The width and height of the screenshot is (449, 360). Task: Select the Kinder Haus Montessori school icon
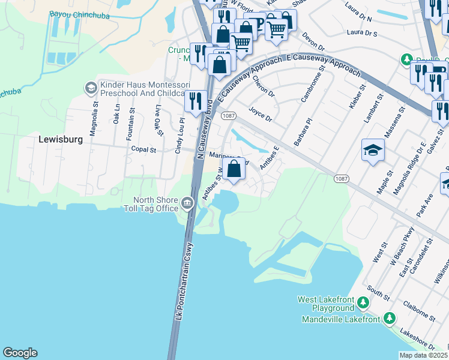point(91,88)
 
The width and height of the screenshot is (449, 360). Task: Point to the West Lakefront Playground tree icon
point(363,302)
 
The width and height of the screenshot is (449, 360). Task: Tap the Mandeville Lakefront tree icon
point(389,318)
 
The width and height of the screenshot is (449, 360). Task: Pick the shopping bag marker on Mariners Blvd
point(234,168)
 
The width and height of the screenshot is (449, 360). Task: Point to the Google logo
point(20,353)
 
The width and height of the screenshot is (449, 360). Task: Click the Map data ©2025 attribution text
point(423,355)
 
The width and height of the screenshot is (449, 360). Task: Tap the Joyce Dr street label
point(261,114)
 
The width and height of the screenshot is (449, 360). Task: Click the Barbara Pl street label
point(304,129)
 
